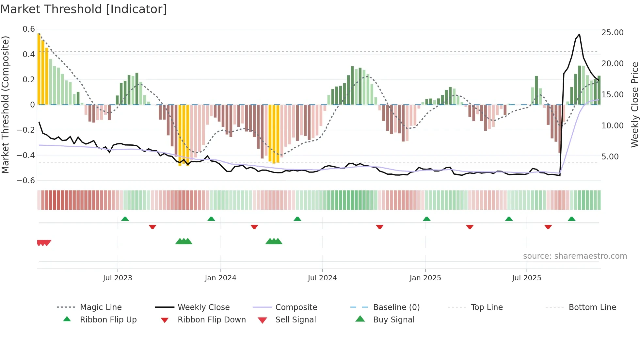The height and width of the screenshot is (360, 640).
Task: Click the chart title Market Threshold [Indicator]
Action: (84, 9)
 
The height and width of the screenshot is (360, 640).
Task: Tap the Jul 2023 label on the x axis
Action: (118, 278)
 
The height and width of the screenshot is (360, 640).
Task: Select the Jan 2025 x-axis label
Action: (425, 278)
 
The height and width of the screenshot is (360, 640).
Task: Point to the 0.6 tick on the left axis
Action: (29, 29)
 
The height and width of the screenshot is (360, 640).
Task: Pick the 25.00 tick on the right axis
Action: (612, 33)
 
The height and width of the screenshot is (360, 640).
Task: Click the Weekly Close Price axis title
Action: (634, 105)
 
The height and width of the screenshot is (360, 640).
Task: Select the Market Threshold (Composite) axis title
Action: (5, 105)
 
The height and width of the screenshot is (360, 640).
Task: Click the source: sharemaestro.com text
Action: (575, 256)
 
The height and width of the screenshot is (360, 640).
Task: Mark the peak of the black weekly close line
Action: (579, 34)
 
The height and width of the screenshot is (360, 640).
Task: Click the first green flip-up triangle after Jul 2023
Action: (125, 219)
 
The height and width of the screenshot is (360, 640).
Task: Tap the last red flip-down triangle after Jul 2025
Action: (548, 227)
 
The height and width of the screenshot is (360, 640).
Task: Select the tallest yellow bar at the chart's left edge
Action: (39, 69)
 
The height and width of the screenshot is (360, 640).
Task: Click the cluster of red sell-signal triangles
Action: (44, 243)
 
